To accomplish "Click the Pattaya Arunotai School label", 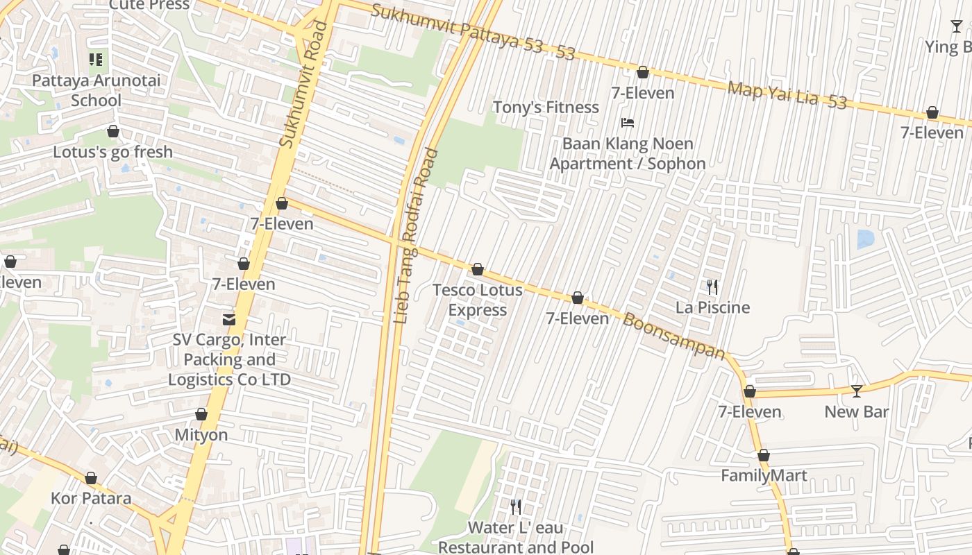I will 96,90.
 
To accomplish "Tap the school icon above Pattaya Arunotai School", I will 96,60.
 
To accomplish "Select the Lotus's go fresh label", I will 112,152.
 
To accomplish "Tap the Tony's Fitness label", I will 546,108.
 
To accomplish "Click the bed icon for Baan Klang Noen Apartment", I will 628,123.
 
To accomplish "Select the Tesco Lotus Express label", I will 477,300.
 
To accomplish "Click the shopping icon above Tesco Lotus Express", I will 478,269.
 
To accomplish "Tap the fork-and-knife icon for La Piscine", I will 712,287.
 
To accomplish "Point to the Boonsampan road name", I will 673,336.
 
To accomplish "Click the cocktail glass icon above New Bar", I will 857,391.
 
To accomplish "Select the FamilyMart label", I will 764,476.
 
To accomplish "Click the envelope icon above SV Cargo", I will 228,319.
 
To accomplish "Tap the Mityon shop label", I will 201,435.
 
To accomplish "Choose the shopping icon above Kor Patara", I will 91,479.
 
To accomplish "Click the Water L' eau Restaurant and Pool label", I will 516,538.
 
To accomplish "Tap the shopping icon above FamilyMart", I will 764,456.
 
